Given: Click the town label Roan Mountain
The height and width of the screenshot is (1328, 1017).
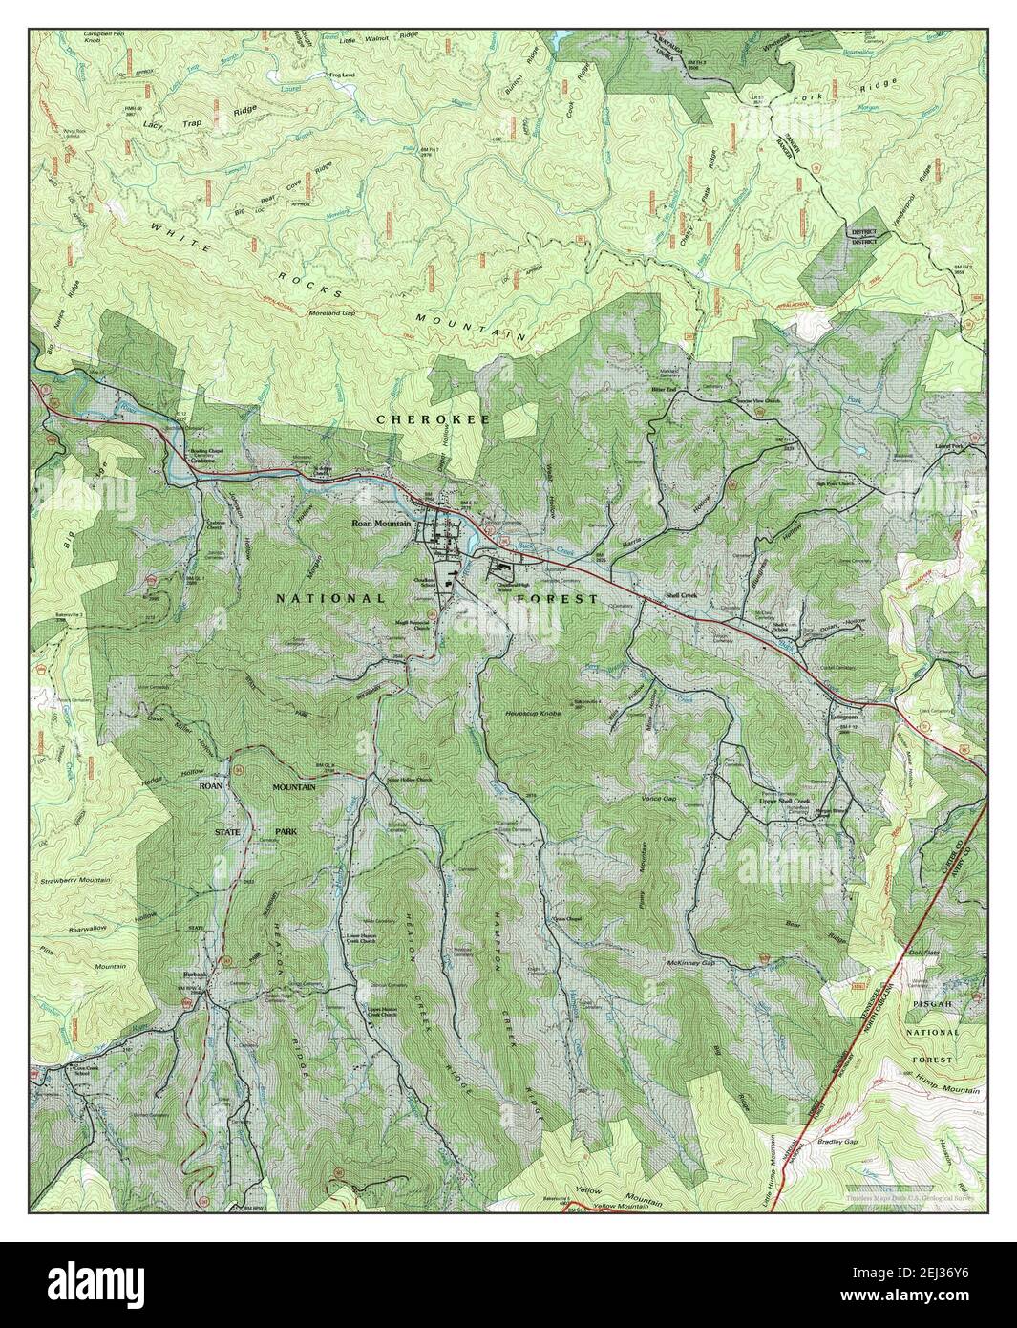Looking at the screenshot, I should [381, 524].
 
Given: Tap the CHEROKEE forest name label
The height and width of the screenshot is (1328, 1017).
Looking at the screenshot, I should [419, 419].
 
